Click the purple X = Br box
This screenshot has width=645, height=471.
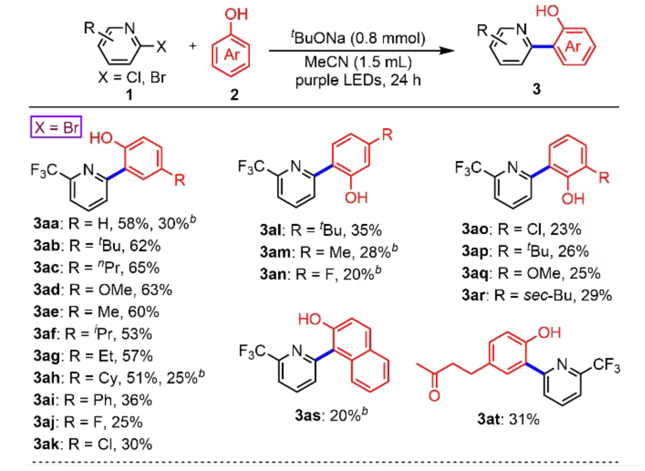57,127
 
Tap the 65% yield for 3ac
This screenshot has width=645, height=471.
144,268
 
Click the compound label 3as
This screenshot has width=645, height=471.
308,416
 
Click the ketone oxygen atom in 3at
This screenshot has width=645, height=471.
435,396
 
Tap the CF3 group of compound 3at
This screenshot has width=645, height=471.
606,365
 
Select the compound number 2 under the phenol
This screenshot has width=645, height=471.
234,95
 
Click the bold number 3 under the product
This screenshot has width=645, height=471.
536,89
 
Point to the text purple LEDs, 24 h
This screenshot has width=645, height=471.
358,80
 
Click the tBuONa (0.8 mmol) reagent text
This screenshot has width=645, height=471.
358,38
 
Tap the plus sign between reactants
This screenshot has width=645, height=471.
193,46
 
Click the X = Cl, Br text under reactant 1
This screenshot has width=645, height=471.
132,77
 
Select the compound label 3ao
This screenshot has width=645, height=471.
475,229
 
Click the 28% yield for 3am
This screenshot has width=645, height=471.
375,252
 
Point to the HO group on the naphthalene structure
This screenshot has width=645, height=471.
310,319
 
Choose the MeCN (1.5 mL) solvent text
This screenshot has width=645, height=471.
358,62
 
